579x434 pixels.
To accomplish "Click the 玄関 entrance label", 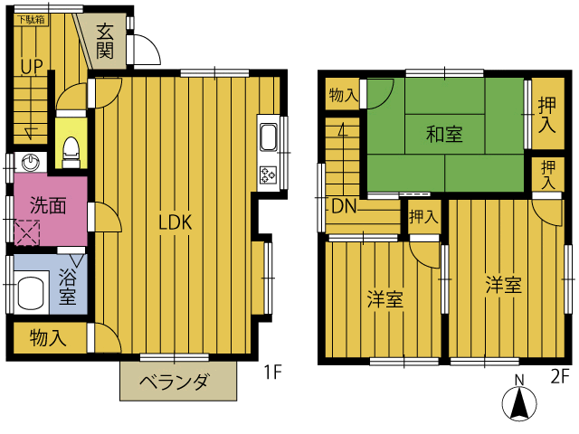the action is click(x=105, y=42).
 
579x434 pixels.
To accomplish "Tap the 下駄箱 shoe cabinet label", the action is click(x=32, y=20).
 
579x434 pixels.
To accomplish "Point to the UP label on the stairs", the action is click(x=32, y=67).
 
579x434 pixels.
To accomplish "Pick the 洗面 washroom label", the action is click(x=48, y=205).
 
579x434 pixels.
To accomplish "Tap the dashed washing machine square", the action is click(x=27, y=232).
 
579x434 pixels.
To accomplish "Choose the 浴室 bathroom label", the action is click(x=68, y=287).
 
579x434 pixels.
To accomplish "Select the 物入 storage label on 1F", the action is click(x=48, y=337).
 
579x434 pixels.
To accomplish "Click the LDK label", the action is click(x=175, y=222).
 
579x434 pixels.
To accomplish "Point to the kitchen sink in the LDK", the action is click(x=269, y=137).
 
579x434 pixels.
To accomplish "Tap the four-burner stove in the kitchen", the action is click(x=269, y=175).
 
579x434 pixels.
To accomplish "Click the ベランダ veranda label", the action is click(x=175, y=382).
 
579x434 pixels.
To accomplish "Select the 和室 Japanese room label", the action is click(x=444, y=134).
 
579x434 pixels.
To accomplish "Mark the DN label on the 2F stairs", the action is click(x=344, y=207).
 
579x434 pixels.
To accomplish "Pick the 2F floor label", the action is click(x=558, y=377).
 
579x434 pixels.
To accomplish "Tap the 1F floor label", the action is click(x=273, y=372).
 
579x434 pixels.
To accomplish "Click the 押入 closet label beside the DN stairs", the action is click(x=424, y=217).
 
